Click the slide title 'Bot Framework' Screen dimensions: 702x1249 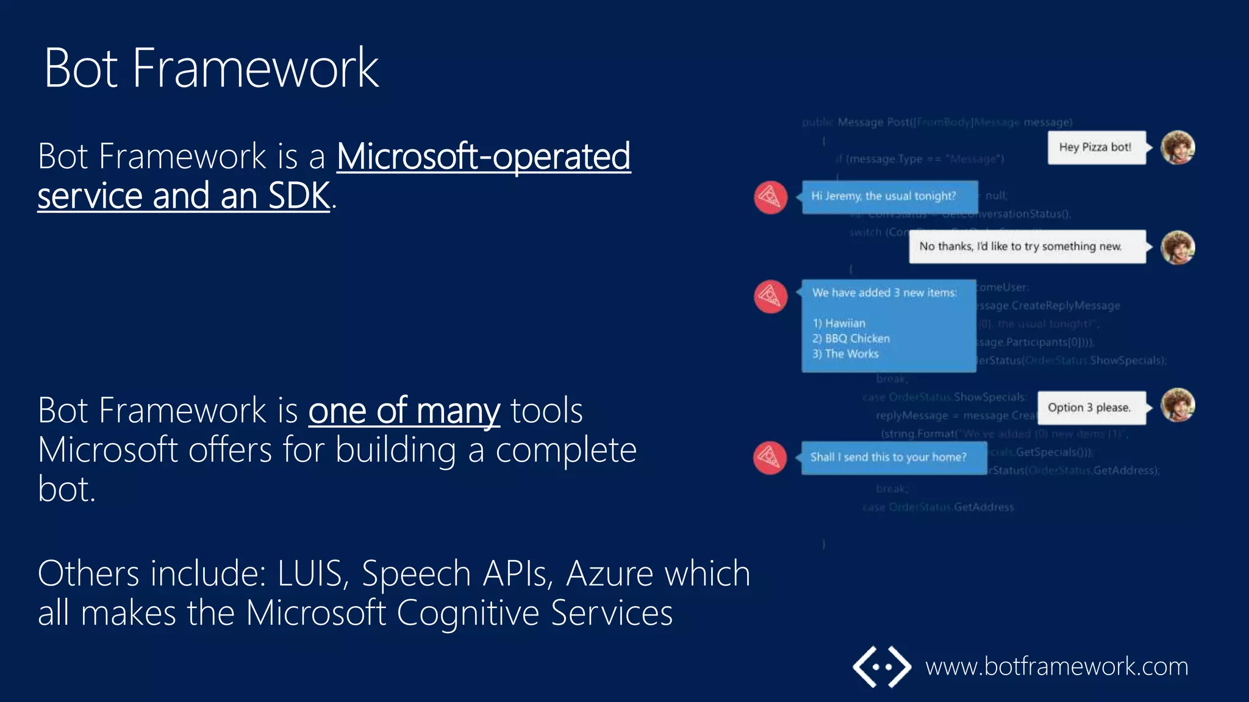click(211, 68)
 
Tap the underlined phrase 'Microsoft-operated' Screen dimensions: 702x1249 click(483, 157)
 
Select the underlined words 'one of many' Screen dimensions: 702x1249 click(404, 411)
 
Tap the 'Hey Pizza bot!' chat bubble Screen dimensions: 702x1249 click(1096, 147)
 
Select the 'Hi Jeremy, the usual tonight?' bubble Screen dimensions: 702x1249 click(889, 197)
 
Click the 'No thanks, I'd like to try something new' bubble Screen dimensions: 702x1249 click(1026, 247)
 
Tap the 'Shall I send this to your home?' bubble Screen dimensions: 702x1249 click(893, 458)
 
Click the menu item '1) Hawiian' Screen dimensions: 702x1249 click(839, 324)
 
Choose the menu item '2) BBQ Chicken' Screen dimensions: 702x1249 click(851, 339)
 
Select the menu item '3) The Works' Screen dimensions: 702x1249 click(845, 354)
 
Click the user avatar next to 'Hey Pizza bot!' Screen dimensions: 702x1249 click(1178, 148)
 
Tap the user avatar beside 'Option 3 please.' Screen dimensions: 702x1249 click(1178, 406)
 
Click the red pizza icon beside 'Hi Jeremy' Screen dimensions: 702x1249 click(770, 197)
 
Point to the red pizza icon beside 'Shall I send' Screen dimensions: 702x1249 click(770, 458)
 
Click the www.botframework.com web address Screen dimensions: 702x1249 click(1056, 667)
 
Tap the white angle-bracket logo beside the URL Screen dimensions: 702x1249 click(881, 667)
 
